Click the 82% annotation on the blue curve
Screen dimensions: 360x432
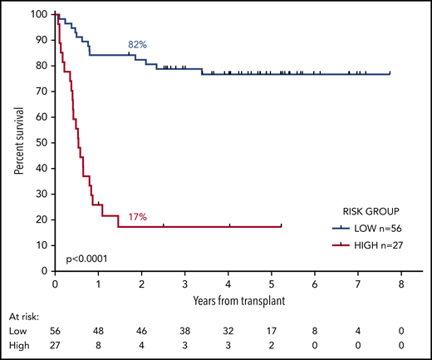[137, 44]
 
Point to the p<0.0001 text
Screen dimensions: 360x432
[86, 249]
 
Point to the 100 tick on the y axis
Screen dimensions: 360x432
[38, 15]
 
